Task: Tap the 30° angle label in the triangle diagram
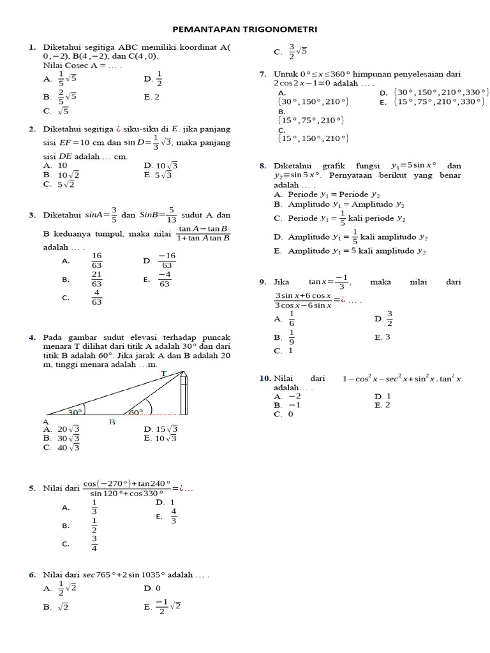pyautogui.click(x=77, y=413)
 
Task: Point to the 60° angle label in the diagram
pyautogui.click(x=136, y=413)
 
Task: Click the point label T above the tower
pyautogui.click(x=163, y=374)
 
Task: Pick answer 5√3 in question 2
pyautogui.click(x=163, y=175)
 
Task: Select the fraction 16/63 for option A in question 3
pyautogui.click(x=97, y=260)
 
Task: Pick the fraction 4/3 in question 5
pyautogui.click(x=173, y=516)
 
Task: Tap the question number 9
pyautogui.click(x=262, y=281)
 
